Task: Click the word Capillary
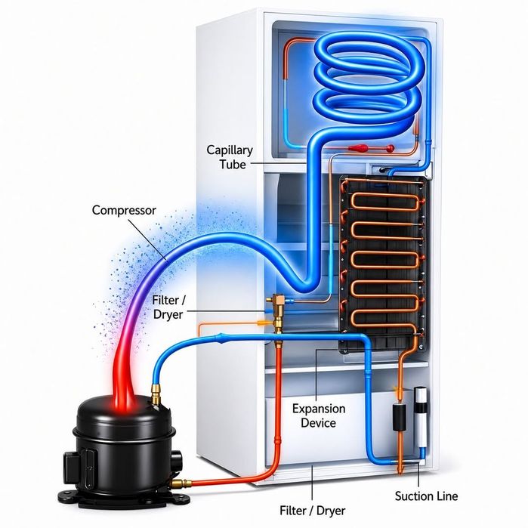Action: click(x=230, y=150)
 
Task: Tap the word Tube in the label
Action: click(x=233, y=165)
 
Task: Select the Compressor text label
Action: click(x=124, y=211)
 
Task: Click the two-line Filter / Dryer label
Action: click(x=168, y=307)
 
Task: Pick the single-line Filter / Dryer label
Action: click(x=313, y=511)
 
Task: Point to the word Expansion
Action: click(x=319, y=409)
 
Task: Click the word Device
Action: click(x=318, y=423)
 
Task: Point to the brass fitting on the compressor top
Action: click(x=156, y=394)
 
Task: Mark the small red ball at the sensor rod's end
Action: click(x=391, y=147)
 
